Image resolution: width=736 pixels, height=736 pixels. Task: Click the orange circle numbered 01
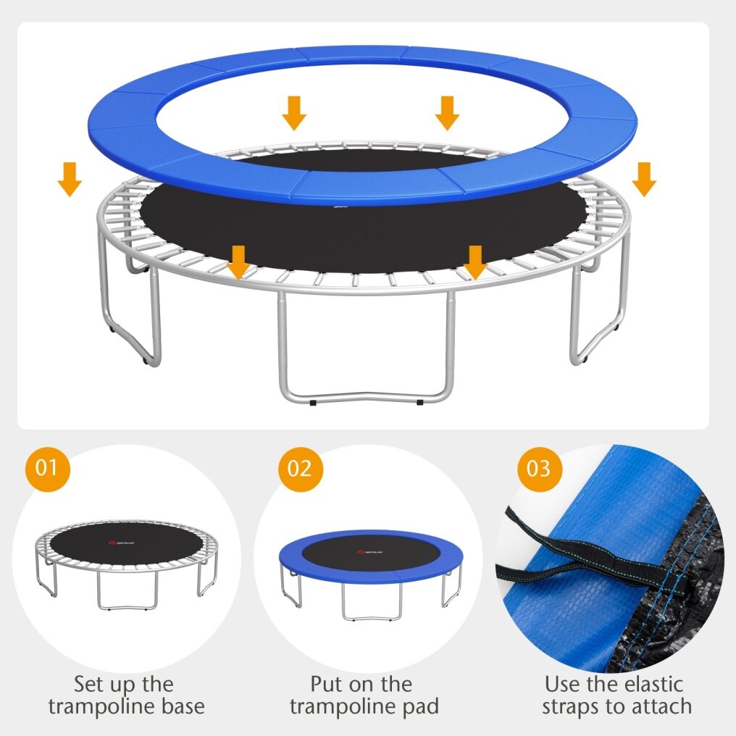point(47,469)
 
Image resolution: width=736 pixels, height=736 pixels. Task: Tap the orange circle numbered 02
point(301,469)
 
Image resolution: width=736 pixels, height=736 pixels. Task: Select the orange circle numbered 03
point(540,469)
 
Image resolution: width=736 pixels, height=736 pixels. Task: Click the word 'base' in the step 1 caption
point(180,706)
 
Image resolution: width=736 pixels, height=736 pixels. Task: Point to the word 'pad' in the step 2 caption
point(421,707)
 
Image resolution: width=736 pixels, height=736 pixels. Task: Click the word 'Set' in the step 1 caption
point(88,685)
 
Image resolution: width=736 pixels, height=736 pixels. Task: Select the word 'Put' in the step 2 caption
point(325,685)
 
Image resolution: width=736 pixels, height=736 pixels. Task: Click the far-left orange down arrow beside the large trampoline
point(70,179)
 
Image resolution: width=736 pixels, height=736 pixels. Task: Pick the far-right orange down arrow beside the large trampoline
point(644,179)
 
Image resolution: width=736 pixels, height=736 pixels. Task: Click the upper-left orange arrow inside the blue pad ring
point(294,113)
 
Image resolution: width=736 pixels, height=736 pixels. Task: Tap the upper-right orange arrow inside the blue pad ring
point(448,113)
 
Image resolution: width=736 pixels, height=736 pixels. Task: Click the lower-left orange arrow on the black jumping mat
point(238,262)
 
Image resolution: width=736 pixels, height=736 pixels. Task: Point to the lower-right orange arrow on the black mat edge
point(475,262)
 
